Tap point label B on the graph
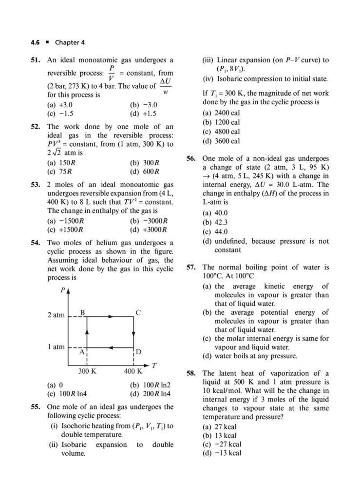tap(83, 311)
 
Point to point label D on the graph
tap(139, 352)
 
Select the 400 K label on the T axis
tap(133, 371)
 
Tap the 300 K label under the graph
tap(87, 371)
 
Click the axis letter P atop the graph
tap(62, 290)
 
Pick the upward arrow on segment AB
tap(87, 332)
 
